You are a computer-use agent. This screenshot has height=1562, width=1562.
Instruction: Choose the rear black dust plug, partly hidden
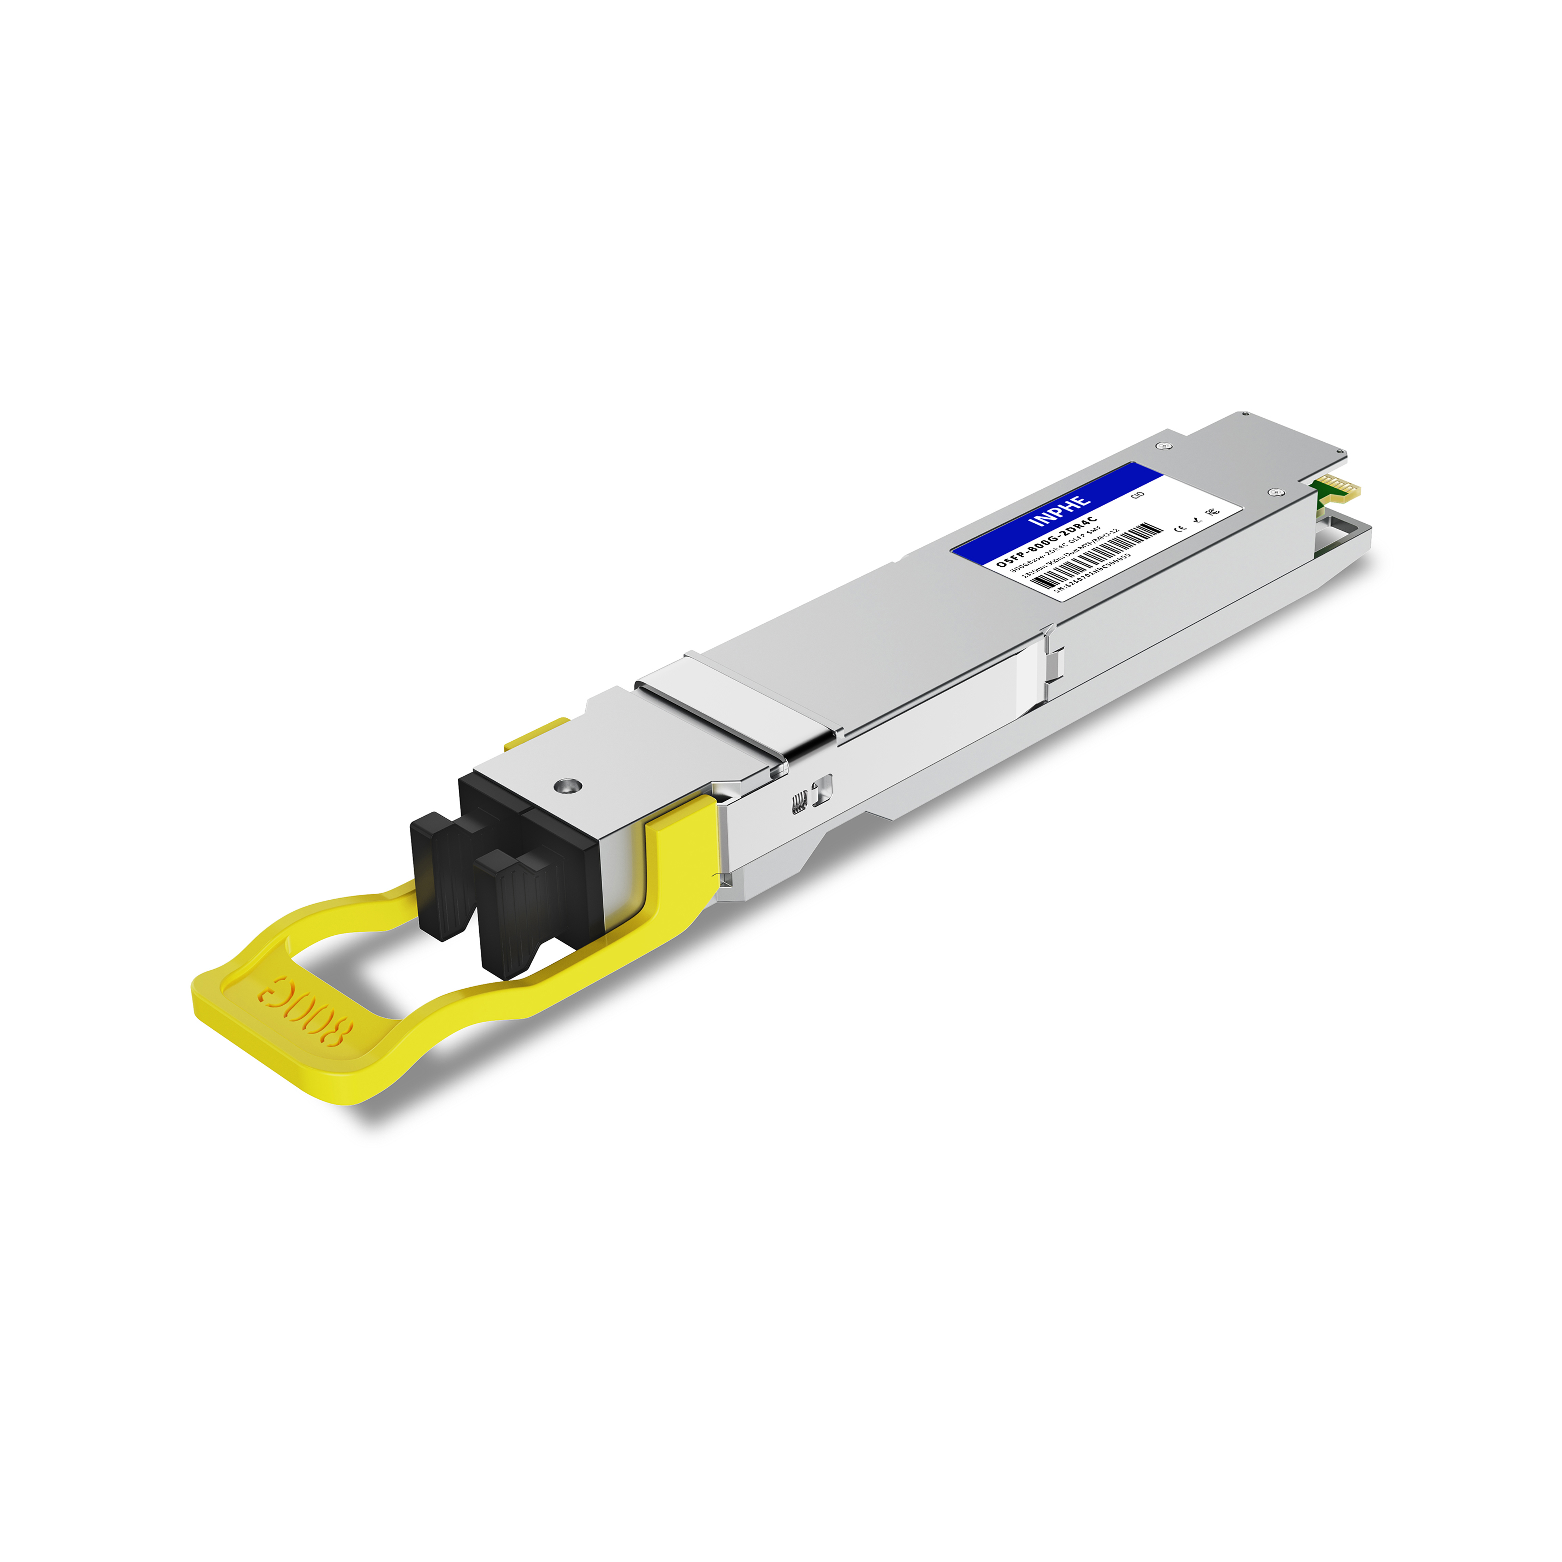(441, 877)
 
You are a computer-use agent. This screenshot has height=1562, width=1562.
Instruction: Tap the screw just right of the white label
(1275, 491)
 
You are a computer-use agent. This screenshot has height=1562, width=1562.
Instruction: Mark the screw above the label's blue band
(1164, 445)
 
